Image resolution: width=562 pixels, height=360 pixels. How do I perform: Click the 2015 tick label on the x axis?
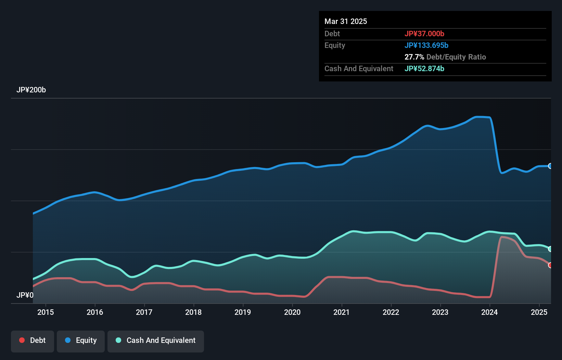[x=46, y=312]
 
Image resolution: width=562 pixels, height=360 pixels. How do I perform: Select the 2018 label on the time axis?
[x=193, y=312]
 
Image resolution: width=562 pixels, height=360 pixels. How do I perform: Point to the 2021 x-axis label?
[x=342, y=312]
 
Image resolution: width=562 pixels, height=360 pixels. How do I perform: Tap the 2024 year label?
[x=489, y=312]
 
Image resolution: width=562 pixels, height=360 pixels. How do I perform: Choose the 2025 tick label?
[x=539, y=312]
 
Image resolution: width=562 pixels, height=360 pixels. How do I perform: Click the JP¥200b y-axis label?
[x=31, y=90]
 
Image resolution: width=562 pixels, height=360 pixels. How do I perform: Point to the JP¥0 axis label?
[x=25, y=295]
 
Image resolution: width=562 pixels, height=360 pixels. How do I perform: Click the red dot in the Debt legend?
[x=22, y=340]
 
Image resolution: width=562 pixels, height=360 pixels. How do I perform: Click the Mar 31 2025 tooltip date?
[x=346, y=22]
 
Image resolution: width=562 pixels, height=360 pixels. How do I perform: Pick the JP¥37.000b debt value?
[x=424, y=34]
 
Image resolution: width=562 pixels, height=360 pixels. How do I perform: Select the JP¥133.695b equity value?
[x=426, y=46]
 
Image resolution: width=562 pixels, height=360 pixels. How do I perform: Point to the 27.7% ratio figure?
[x=414, y=57]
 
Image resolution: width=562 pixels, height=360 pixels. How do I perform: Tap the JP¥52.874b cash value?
[x=424, y=69]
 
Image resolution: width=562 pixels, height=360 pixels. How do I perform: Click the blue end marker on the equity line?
[x=550, y=166]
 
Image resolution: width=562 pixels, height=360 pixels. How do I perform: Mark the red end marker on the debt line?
[x=550, y=265]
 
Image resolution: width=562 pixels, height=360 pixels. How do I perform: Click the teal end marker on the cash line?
[x=550, y=249]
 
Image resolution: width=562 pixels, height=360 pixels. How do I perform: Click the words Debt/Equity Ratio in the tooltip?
[x=456, y=57]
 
